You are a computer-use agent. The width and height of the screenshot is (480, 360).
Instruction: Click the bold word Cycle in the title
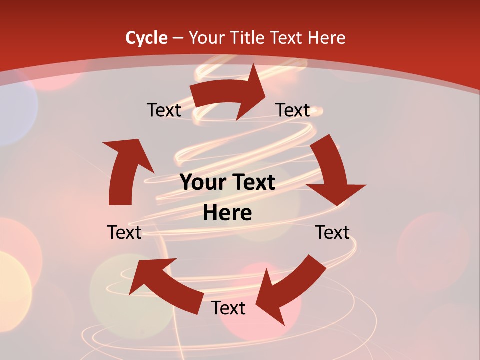[x=146, y=38]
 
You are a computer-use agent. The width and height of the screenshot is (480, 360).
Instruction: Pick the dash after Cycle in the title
[x=178, y=38]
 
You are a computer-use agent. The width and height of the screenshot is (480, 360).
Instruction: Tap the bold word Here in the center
[x=227, y=213]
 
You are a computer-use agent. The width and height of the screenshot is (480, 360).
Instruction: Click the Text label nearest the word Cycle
[x=164, y=110]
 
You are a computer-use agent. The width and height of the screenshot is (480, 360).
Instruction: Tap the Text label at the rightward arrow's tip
[x=293, y=110]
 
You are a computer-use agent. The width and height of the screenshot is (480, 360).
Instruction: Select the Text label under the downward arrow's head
[x=332, y=232]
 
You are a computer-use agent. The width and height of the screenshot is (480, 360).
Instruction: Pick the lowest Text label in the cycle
[x=228, y=308]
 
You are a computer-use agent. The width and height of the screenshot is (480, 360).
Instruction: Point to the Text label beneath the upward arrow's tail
[x=124, y=232]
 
